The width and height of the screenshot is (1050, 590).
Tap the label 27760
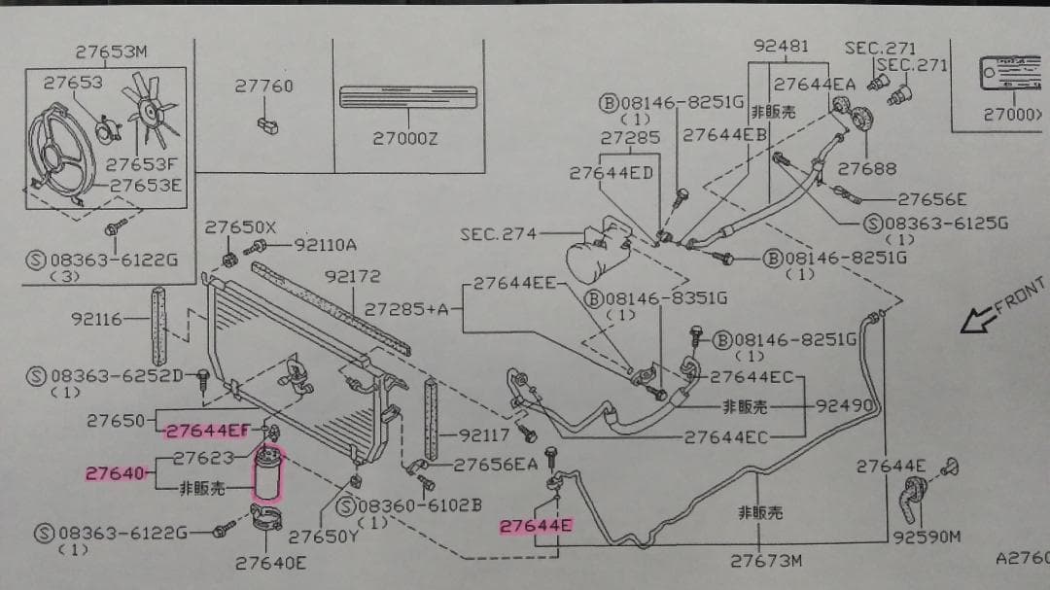263,87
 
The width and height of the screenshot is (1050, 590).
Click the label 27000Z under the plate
405,139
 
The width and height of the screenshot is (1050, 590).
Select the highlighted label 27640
114,473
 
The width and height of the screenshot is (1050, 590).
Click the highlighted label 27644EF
205,430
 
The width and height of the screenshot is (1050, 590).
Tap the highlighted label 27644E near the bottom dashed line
536,526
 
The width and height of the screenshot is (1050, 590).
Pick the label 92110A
325,245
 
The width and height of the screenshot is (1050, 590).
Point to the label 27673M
766,561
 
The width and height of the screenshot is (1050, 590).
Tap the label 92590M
927,536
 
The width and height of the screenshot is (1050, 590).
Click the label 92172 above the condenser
352,277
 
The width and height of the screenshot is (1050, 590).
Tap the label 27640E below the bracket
271,562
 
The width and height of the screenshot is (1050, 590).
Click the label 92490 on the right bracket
841,405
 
